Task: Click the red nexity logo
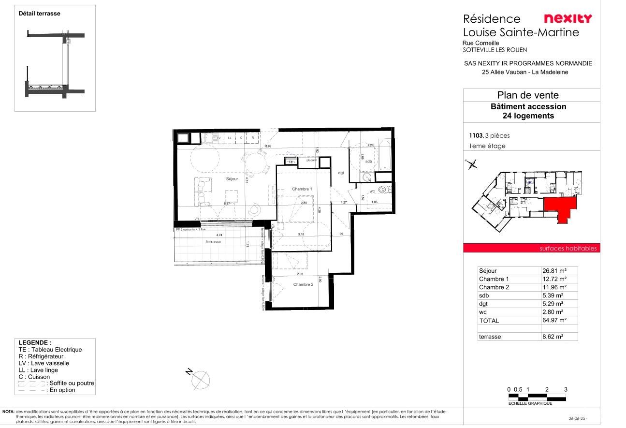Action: (x=568, y=19)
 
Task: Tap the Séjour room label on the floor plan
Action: (x=232, y=179)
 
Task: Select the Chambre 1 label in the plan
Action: (x=302, y=189)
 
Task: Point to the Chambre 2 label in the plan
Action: (x=303, y=284)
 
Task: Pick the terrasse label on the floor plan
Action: (x=213, y=241)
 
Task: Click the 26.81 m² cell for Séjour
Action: (x=559, y=271)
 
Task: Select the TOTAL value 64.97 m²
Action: (x=559, y=320)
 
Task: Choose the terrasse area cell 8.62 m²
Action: (x=559, y=337)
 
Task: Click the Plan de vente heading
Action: (x=527, y=95)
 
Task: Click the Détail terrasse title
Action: (x=40, y=14)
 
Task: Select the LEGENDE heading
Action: (x=35, y=342)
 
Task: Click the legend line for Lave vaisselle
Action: (x=44, y=363)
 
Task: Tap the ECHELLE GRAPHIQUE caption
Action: (x=530, y=403)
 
